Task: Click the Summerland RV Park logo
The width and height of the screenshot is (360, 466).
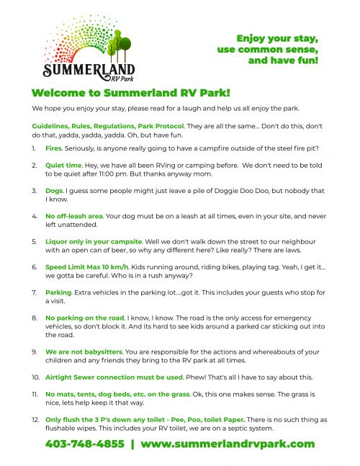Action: [x=86, y=50]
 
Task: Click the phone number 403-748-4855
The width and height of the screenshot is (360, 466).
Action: [x=84, y=444]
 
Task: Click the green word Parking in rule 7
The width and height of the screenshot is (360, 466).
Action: [x=60, y=292]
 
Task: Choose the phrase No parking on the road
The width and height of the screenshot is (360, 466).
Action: [x=84, y=318]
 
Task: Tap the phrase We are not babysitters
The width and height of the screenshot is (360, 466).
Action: [x=82, y=351]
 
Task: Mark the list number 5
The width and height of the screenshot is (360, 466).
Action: [x=35, y=242]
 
